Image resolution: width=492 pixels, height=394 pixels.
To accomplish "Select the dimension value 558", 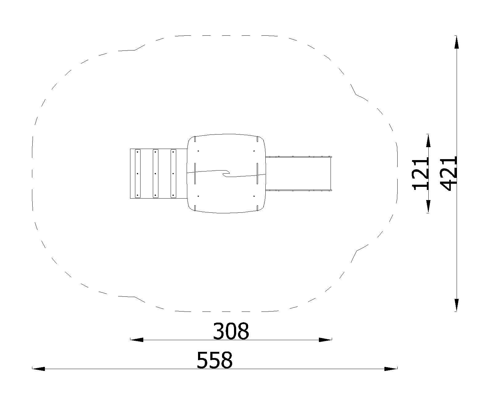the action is pos(214,360).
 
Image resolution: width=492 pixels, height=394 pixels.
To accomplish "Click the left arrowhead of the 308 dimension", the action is pos(137,340).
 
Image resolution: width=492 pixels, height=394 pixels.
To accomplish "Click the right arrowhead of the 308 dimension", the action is pos(325,340).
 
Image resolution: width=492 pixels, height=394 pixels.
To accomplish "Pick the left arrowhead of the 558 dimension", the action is pos(39,369).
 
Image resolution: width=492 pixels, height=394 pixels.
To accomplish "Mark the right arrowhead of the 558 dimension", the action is pos(391,369).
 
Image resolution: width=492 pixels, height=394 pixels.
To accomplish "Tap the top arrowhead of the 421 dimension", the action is pos(457,42).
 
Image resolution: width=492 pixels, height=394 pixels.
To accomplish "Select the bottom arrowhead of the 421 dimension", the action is pos(457,305).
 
